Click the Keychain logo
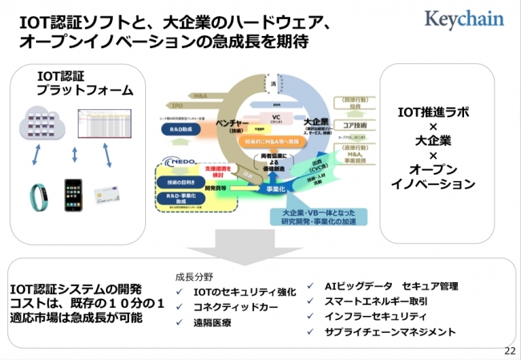465,18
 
